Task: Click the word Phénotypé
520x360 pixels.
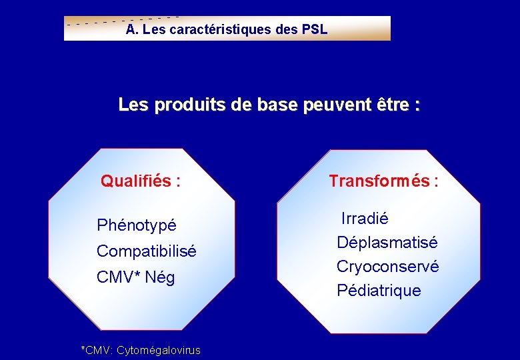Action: (x=136, y=225)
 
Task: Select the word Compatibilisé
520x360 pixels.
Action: (x=146, y=251)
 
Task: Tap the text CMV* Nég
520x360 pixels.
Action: (x=135, y=277)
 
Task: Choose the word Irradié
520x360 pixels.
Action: (x=365, y=219)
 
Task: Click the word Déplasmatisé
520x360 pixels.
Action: (x=387, y=243)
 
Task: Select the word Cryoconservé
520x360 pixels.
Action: (x=387, y=267)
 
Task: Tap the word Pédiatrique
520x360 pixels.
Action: (x=379, y=291)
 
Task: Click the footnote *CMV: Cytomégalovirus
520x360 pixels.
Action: (x=140, y=350)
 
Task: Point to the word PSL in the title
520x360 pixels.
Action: (x=315, y=30)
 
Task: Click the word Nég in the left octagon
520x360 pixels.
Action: (x=160, y=277)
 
